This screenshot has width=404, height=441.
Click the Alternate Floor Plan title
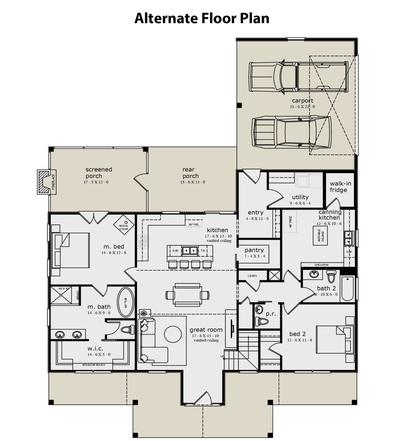[x=202, y=18]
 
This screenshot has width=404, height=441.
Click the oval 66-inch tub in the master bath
[x=125, y=302]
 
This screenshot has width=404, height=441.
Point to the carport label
[x=302, y=101]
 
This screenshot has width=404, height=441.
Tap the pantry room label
[x=254, y=250]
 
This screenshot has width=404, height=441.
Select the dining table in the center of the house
[x=188, y=295]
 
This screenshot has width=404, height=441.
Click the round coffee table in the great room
[x=173, y=334]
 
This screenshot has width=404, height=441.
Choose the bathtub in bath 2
[x=347, y=289]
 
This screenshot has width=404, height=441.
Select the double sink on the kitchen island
[x=190, y=251]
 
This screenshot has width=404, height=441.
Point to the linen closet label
[x=252, y=276]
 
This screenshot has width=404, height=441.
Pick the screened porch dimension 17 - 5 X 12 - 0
[x=96, y=182]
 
